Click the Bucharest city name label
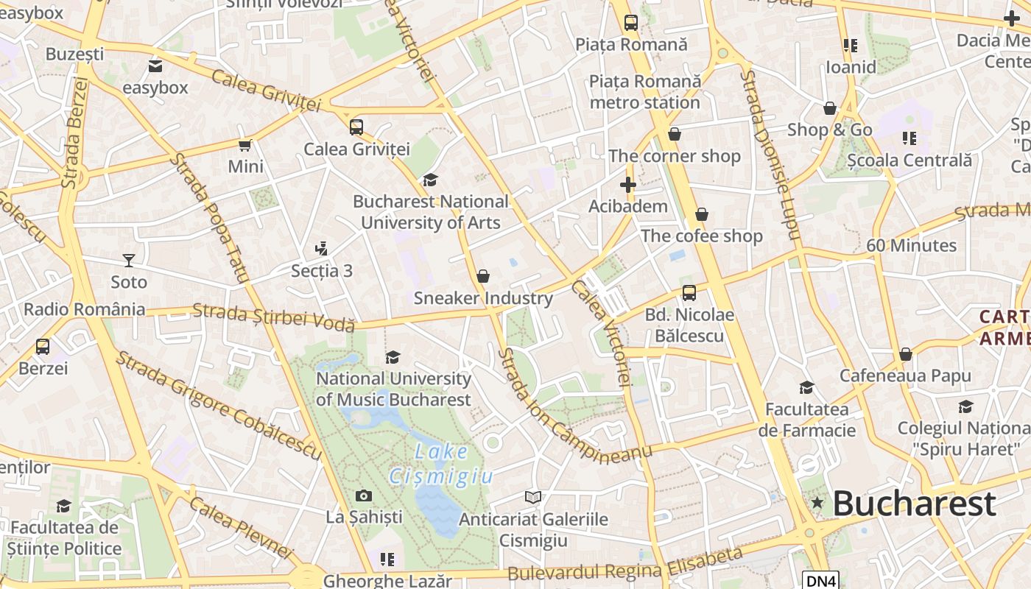(x=915, y=504)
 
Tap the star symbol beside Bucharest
(x=817, y=503)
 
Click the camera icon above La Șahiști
(x=364, y=495)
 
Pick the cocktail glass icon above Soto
(x=129, y=260)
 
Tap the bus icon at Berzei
(x=43, y=346)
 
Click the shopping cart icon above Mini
(x=245, y=145)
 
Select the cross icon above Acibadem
(x=627, y=185)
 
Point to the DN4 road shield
(x=820, y=581)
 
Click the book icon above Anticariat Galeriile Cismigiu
(x=533, y=498)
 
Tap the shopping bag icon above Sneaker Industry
(x=483, y=276)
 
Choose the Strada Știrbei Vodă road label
(x=274, y=317)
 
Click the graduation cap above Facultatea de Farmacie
(x=807, y=387)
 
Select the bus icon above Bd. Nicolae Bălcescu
(x=689, y=293)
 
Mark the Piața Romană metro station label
(x=645, y=91)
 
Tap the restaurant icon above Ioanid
(x=851, y=46)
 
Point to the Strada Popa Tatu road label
(x=210, y=218)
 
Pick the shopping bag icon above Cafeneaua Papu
(x=906, y=354)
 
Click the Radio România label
(x=84, y=308)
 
